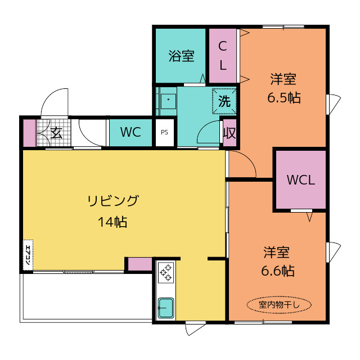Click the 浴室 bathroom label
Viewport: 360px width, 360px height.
181,56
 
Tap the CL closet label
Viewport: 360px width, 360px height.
223,55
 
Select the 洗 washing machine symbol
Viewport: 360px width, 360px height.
224,102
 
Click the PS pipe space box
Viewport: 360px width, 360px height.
164,133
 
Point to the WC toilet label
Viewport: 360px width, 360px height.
130,133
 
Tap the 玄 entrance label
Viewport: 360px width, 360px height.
56,133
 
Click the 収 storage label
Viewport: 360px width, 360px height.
229,133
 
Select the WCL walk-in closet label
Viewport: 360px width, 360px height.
300,180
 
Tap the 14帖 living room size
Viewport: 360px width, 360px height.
112,222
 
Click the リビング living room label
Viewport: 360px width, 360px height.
112,200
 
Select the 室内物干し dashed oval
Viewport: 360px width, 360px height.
278,304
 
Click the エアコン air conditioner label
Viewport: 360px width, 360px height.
27,254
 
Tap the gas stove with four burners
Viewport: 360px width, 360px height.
166,274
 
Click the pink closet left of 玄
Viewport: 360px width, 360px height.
29,133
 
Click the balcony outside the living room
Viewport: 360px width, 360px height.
84,297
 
